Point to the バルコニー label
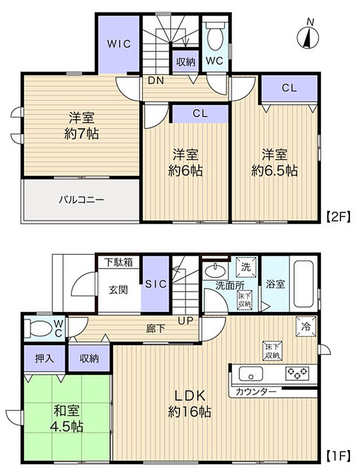tap(81, 199)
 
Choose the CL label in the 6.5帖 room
tap(289, 89)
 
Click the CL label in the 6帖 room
tap(199, 114)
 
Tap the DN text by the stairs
tap(154, 80)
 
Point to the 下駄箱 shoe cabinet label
tap(118, 262)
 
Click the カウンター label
tap(256, 392)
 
